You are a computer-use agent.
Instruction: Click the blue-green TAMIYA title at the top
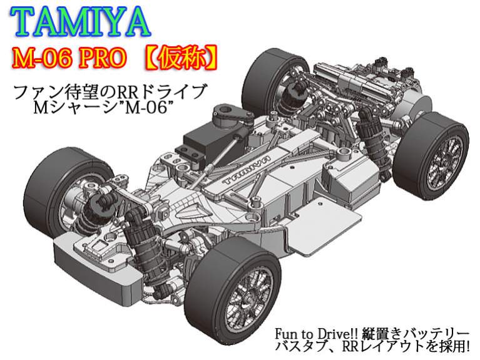click(x=81, y=22)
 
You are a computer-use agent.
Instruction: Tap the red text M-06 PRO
click(x=69, y=58)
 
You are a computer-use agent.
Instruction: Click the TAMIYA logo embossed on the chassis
click(x=247, y=170)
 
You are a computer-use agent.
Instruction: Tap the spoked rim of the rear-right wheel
click(x=446, y=159)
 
